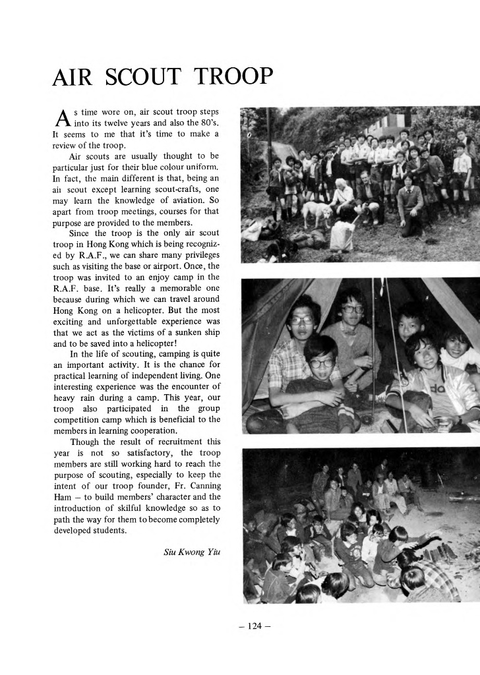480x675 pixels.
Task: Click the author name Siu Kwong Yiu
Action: [x=191, y=552]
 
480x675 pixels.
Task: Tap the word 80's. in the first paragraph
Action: [x=208, y=123]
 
